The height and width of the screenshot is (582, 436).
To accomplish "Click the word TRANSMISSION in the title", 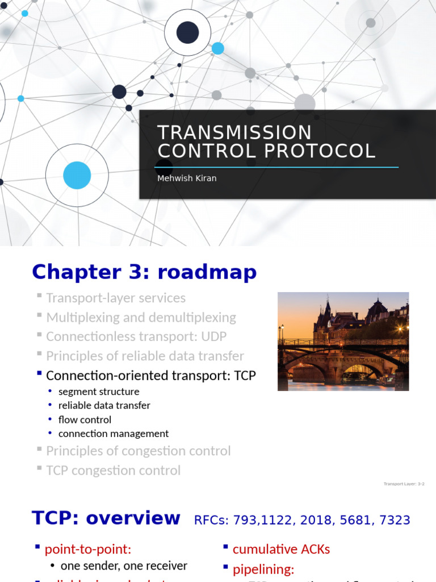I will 234,132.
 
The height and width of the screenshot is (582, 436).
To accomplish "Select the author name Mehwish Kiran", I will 187,178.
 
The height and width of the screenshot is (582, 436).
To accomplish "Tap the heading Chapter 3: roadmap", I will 144,272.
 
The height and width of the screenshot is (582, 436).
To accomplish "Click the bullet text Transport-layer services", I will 116,298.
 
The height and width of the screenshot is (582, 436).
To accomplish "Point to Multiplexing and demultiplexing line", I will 141,317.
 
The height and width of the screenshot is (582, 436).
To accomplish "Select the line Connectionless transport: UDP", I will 136,336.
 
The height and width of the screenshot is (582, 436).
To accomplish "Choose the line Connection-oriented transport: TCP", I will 151,376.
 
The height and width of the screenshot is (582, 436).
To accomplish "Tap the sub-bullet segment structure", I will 99,392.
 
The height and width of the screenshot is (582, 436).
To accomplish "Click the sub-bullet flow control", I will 85,419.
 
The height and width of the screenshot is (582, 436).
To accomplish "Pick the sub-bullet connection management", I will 114,434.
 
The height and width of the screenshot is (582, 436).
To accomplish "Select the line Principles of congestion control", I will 138,451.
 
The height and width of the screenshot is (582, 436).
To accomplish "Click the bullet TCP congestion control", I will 113,471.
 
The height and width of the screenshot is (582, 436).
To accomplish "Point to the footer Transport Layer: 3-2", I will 404,484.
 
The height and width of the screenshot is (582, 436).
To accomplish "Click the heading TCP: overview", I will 106,518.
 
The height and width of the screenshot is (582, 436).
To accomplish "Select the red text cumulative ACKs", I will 281,549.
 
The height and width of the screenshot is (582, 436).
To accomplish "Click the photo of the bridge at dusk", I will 343,341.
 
